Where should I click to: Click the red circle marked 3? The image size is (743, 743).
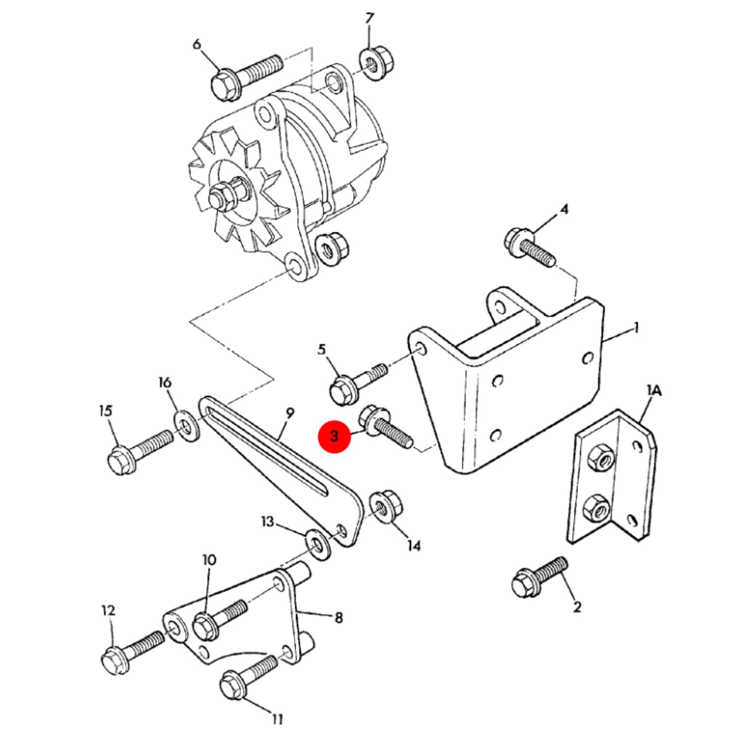[334, 437]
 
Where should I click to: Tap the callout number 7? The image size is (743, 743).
[369, 19]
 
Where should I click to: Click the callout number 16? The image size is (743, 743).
[165, 383]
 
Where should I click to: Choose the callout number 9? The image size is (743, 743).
[289, 413]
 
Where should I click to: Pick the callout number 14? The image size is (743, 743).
[414, 545]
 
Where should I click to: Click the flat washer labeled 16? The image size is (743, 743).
[187, 426]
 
